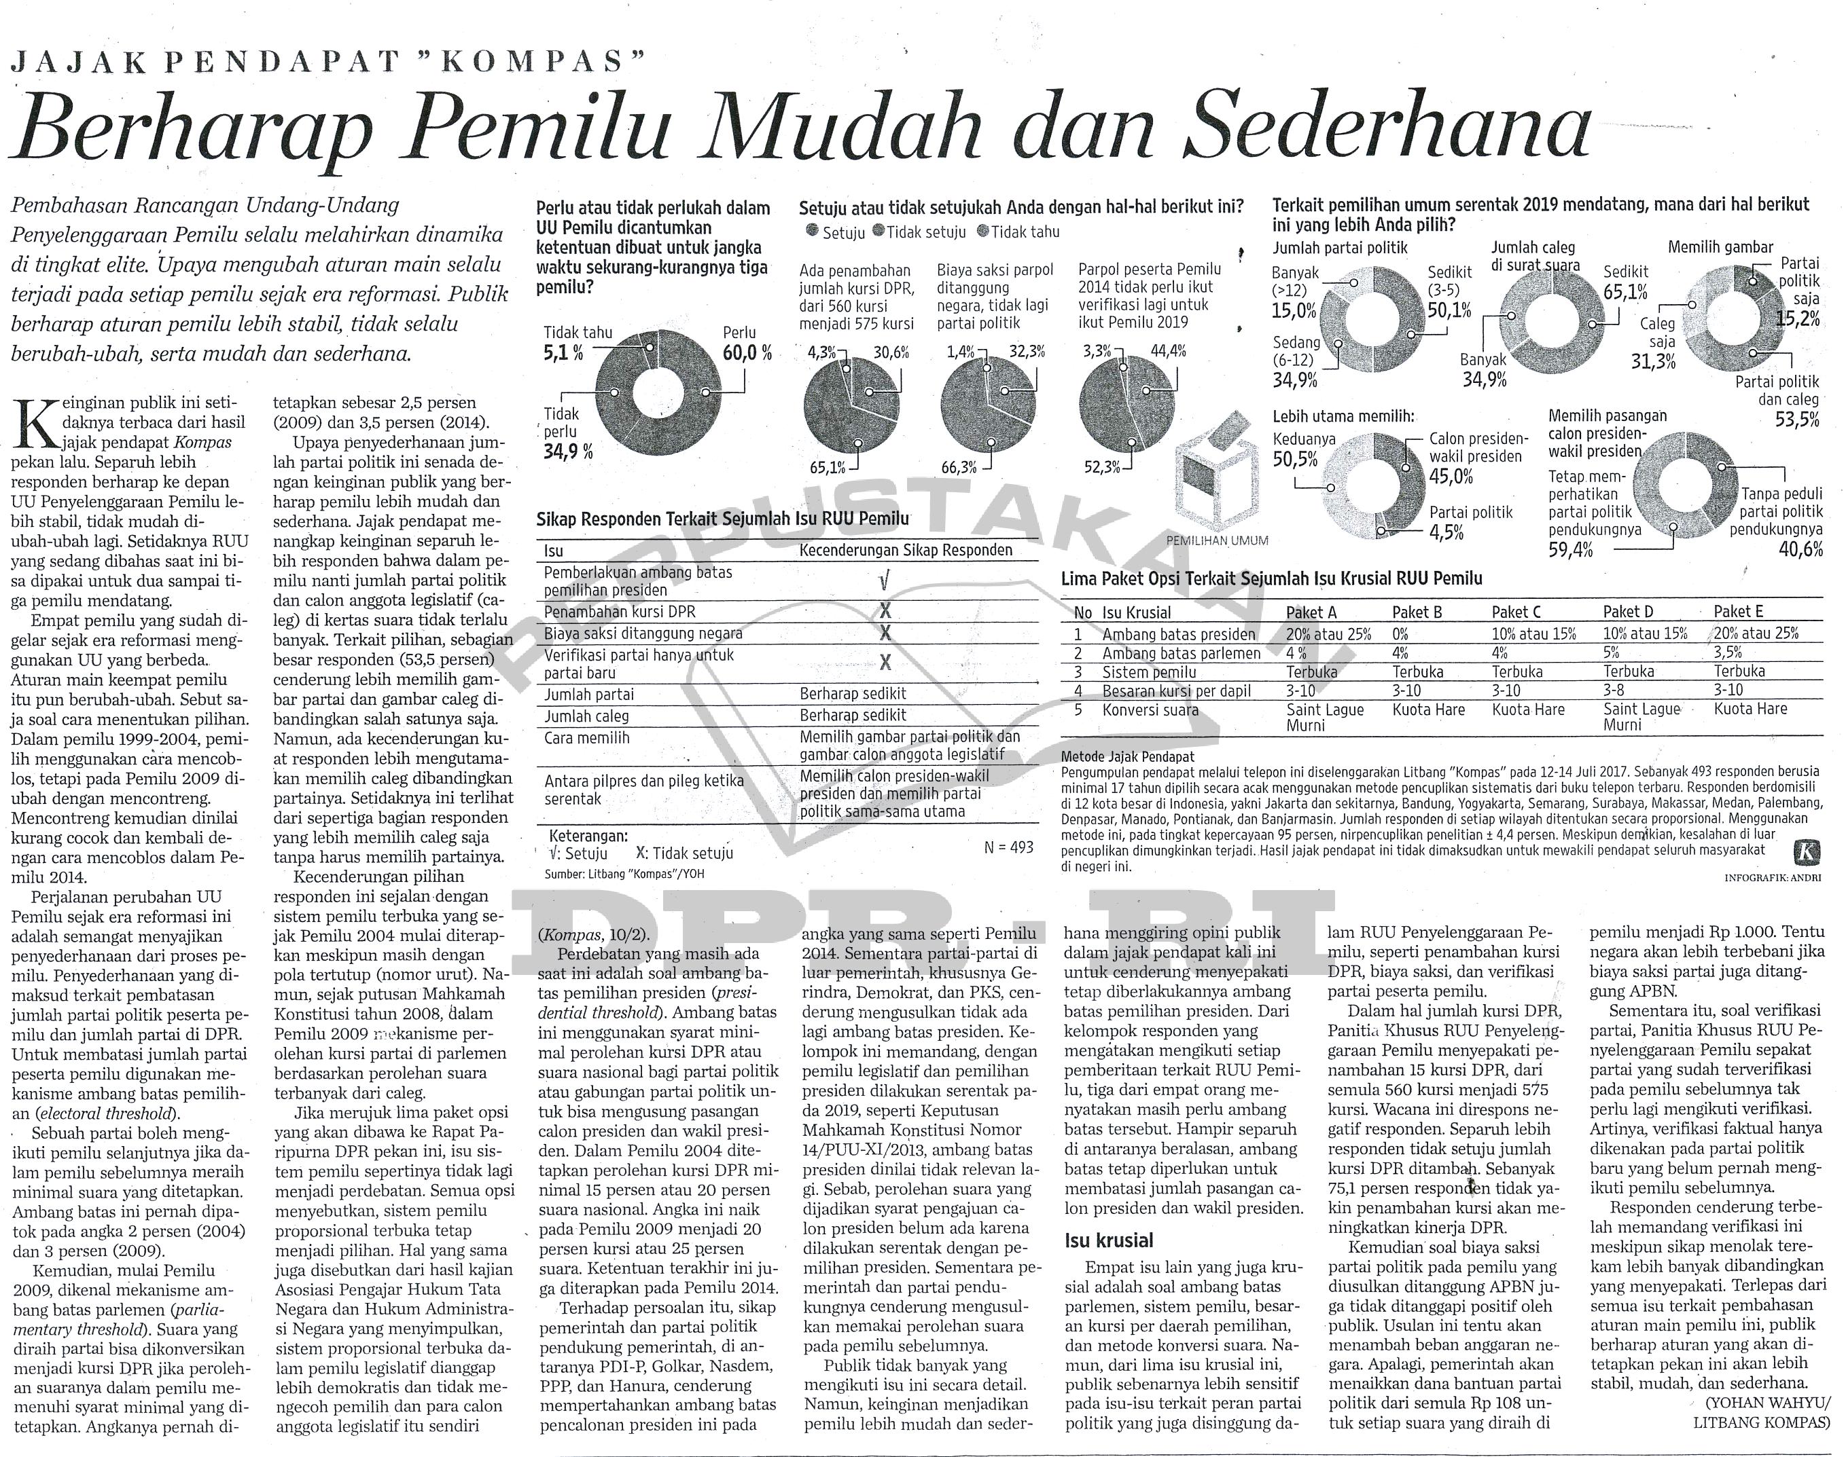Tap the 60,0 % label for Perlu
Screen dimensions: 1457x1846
click(x=747, y=352)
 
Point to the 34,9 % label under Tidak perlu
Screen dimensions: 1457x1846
click(x=567, y=449)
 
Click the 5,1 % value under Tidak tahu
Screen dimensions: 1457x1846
click(x=563, y=352)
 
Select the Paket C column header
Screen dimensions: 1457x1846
click(x=1516, y=612)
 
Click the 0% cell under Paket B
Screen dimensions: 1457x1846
click(x=1400, y=634)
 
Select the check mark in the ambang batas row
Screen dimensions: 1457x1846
click(x=884, y=582)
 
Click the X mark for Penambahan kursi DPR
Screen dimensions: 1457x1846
click(x=885, y=612)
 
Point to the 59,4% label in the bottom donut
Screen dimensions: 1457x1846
click(x=1570, y=550)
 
